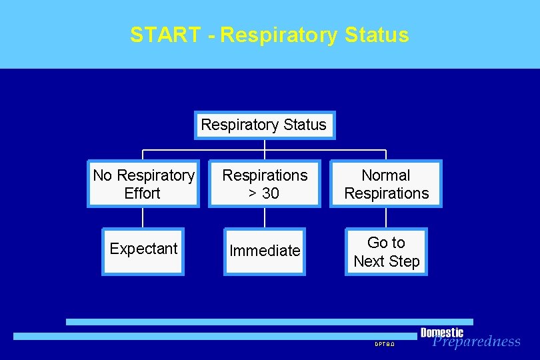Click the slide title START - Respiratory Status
269,35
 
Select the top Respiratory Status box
264,125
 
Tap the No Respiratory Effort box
143,184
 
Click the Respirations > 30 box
265,184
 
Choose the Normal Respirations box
386,184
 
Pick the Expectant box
143,249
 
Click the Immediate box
265,251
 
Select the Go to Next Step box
386,251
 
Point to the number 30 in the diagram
271,193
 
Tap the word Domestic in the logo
441,332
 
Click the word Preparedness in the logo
476,342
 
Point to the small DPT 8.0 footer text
385,344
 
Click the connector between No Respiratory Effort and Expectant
143,217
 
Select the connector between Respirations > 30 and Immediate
265,217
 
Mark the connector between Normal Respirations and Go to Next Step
386,217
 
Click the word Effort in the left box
143,193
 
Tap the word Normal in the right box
386,175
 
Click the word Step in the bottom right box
405,261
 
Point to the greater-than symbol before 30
253,194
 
